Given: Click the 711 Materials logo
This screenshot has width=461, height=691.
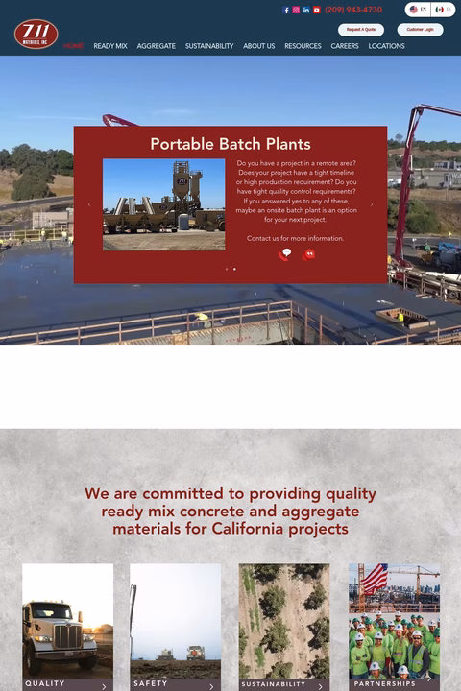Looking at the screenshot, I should pos(36,34).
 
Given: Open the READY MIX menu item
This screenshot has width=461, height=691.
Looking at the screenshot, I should pos(110,46).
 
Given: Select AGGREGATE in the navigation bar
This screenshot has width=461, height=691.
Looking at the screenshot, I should pos(156,46).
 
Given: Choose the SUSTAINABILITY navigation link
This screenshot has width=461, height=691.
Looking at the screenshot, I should pos(209,46).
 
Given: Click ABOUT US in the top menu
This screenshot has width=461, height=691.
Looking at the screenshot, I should pos(258,46).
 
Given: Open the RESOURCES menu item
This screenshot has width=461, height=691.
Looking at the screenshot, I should pos(303,46).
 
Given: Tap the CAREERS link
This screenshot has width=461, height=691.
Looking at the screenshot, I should pos(345,46).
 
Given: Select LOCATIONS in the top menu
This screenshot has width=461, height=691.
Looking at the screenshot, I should pos(386,46).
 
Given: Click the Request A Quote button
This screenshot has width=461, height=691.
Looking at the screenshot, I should pos(361,30).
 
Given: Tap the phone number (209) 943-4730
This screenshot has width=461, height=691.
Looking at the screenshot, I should pos(353,10).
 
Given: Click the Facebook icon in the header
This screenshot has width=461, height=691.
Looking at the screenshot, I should pos(286,10).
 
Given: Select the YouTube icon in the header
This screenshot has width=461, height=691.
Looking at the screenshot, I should pos(317,10).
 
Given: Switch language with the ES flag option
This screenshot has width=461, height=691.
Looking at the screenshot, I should pos(443,10).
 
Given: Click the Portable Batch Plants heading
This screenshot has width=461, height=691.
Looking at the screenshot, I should pos(230,144).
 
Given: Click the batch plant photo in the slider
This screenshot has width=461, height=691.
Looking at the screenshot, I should pos(163,204).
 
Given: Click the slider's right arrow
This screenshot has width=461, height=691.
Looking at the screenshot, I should pos(372,204).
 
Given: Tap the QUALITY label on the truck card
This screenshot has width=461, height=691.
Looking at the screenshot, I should pos(45,683).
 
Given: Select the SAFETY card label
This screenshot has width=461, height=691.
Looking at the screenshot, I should pos(151,683).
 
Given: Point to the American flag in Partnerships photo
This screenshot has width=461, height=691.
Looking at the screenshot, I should pos(375,578).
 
